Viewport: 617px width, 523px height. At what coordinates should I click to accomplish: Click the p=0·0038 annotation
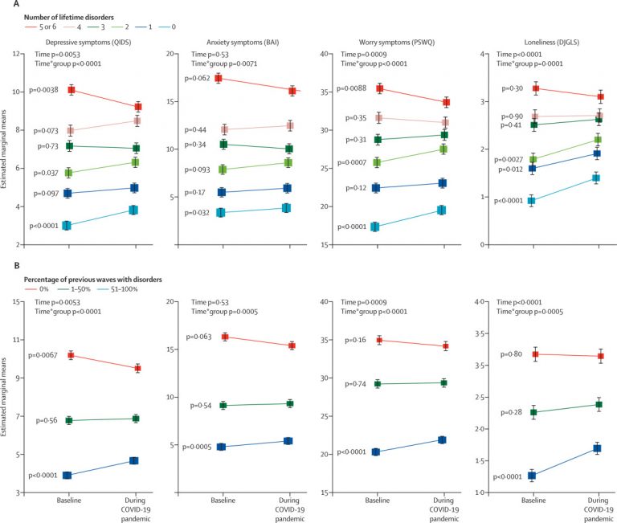[39, 90]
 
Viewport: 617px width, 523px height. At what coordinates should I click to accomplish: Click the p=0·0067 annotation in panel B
[44, 355]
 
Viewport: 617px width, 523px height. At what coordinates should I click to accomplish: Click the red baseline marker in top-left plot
[72, 90]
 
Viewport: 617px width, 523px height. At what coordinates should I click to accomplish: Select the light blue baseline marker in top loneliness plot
[531, 201]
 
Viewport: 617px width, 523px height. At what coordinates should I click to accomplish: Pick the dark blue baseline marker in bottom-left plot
[67, 475]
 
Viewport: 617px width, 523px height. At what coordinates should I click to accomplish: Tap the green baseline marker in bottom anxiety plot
[222, 406]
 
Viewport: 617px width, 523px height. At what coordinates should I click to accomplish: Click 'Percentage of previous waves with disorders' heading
[92, 277]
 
